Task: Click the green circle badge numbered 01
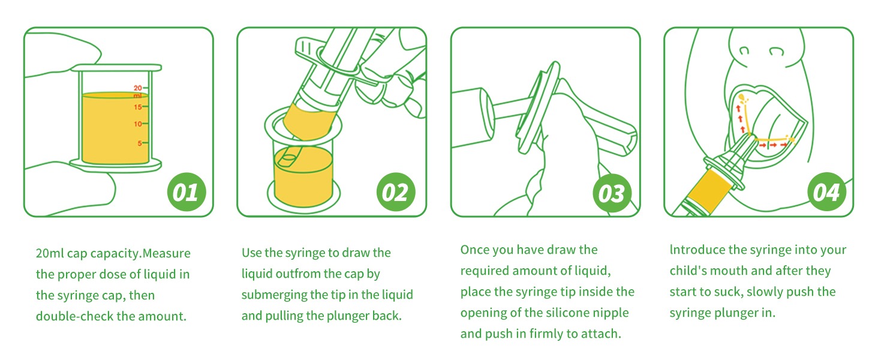[x=187, y=192]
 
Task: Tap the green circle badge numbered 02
[x=396, y=192]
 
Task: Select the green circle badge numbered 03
[x=612, y=193]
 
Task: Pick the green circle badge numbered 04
[x=826, y=192]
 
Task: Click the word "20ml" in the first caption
[x=49, y=253]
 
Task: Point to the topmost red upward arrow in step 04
[x=738, y=108]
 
